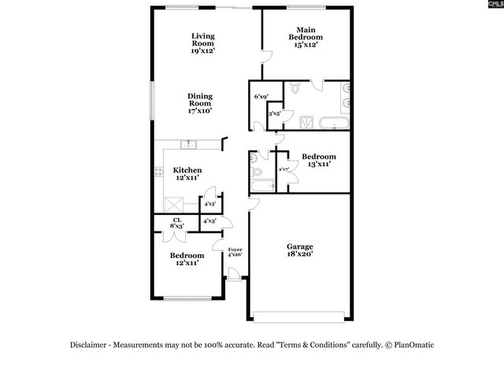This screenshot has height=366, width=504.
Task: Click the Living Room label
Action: [x=203, y=43]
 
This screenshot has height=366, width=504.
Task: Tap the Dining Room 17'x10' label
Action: [x=201, y=104]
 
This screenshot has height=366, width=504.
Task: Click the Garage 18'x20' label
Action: [x=299, y=250]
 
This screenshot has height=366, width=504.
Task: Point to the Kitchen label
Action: [x=187, y=174]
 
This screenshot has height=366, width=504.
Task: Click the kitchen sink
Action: [x=187, y=144]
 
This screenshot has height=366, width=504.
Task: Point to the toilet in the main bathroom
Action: [x=295, y=89]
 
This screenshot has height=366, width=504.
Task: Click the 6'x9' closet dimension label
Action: [x=261, y=97]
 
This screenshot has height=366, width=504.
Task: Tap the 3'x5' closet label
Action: [x=276, y=114]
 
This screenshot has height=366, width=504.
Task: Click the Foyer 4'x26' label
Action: [x=235, y=252]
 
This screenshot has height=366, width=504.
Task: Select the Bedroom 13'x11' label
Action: [x=319, y=160]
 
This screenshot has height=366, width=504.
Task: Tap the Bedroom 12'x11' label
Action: [x=187, y=259]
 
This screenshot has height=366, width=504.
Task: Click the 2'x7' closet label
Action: [x=283, y=169]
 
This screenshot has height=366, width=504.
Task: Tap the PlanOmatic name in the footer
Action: [x=413, y=345]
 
